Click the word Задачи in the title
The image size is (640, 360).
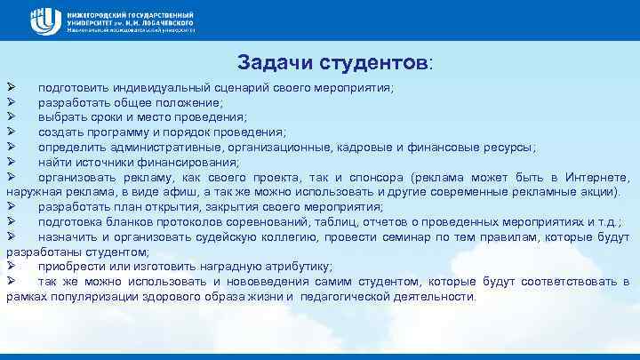coord(273,63)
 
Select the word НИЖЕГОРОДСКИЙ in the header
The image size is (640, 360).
coord(100,12)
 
